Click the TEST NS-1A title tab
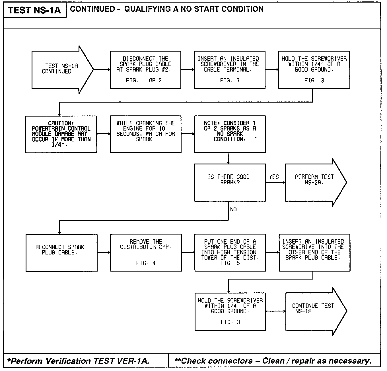[x=34, y=11]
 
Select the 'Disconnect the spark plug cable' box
[x=145, y=70]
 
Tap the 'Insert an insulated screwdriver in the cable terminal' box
[x=230, y=70]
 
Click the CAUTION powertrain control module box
[x=61, y=134]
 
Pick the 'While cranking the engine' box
[x=145, y=134]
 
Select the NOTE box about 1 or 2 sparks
[x=230, y=134]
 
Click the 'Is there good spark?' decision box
[x=230, y=182]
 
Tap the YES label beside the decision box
[x=274, y=177]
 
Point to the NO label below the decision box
[x=233, y=209]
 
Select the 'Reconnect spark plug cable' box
[x=61, y=252]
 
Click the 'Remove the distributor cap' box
[x=146, y=252]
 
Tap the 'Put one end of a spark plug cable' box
[x=230, y=252]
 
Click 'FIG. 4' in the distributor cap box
[x=146, y=263]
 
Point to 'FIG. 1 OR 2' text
[x=144, y=81]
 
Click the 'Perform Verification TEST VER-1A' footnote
[x=78, y=361]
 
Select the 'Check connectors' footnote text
[x=273, y=361]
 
